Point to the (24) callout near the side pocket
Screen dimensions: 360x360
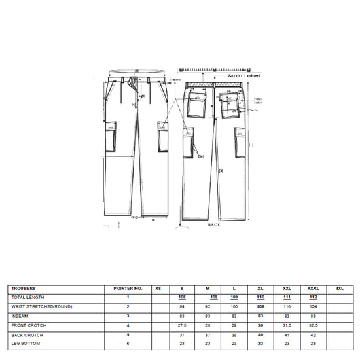click(201, 156)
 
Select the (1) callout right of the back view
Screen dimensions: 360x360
click(251, 144)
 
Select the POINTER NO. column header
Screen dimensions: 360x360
click(128, 289)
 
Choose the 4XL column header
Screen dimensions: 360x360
click(340, 289)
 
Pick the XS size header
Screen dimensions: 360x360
click(158, 289)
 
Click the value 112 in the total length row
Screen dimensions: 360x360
click(314, 298)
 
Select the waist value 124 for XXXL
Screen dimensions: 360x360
click(314, 306)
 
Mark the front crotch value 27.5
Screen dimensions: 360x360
click(182, 325)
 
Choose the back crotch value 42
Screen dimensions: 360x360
click(314, 334)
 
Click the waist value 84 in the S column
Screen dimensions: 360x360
click(182, 306)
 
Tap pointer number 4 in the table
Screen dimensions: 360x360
click(128, 325)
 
